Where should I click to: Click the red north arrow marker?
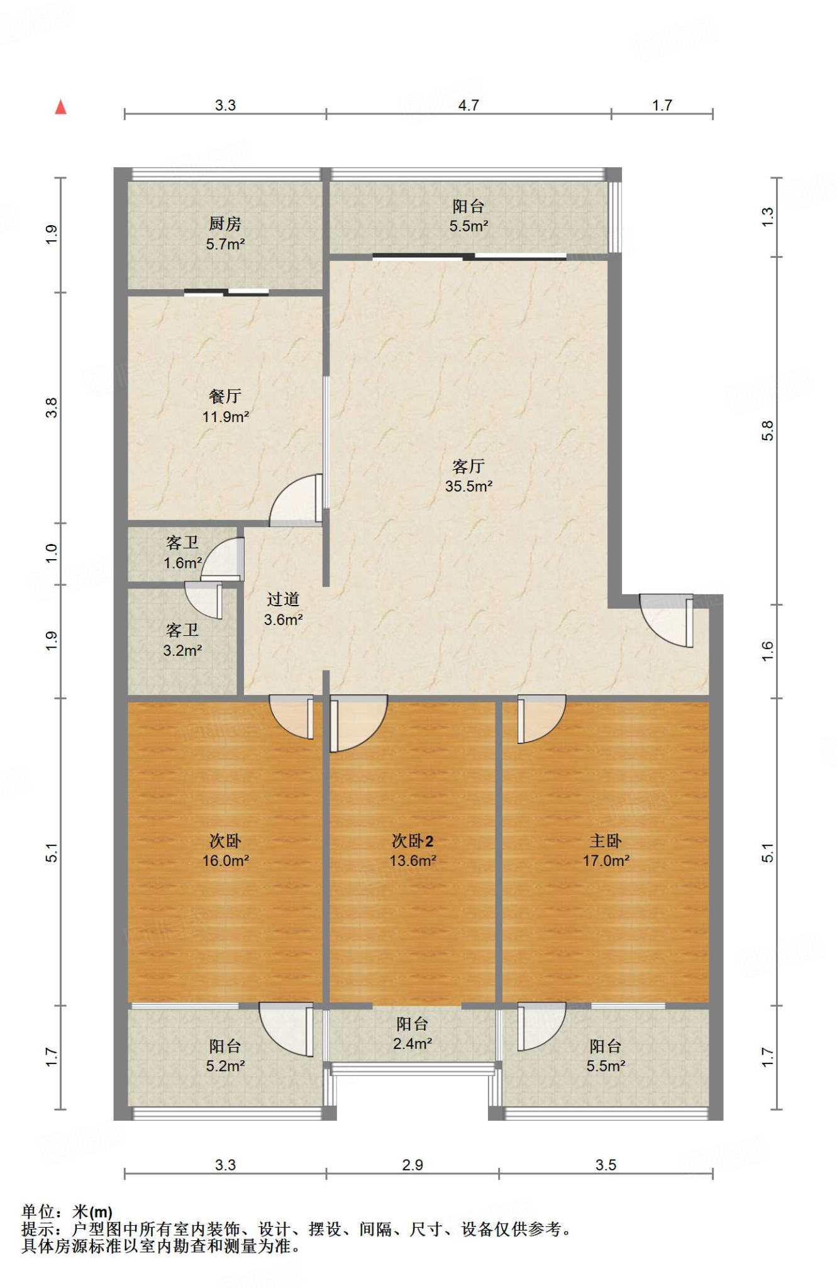pyautogui.click(x=60, y=107)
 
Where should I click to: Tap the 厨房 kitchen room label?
pyautogui.click(x=225, y=223)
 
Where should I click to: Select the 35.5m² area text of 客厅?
pyautogui.click(x=468, y=486)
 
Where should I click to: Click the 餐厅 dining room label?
pyautogui.click(x=225, y=396)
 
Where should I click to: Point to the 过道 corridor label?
pyautogui.click(x=283, y=599)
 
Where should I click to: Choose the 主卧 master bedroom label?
pyautogui.click(x=606, y=841)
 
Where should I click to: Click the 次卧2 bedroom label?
pyautogui.click(x=413, y=841)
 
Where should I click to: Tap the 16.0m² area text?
pyautogui.click(x=225, y=860)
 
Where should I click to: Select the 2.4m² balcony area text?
pyautogui.click(x=413, y=1043)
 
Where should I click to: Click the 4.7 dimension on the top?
pyautogui.click(x=468, y=105)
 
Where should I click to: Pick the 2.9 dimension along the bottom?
pyautogui.click(x=413, y=1165)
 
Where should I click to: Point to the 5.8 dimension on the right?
pyautogui.click(x=767, y=431)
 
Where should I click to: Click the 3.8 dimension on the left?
pyautogui.click(x=52, y=408)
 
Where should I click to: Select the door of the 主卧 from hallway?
pyautogui.click(x=541, y=719)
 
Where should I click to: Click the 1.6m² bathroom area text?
pyautogui.click(x=182, y=563)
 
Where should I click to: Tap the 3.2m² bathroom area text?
pyautogui.click(x=182, y=650)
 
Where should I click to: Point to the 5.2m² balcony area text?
pyautogui.click(x=225, y=1065)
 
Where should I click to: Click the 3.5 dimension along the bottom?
pyautogui.click(x=606, y=1165)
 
